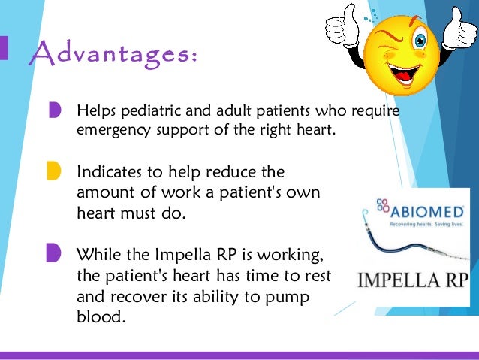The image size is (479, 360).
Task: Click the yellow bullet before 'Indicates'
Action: [54, 171]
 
